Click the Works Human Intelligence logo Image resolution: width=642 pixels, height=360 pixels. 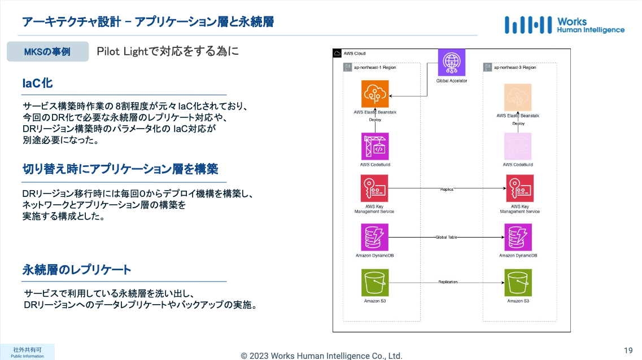564,25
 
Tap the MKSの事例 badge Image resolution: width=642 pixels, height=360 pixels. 47,52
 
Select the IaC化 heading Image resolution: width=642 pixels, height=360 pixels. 38,84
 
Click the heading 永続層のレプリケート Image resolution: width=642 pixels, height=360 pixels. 77,270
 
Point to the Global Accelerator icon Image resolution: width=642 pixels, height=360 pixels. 451,63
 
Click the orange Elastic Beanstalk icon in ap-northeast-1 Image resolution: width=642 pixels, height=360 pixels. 375,94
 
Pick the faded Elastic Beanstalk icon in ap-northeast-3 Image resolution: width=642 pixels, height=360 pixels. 518,97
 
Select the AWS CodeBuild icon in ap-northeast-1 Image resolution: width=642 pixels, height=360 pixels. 375,146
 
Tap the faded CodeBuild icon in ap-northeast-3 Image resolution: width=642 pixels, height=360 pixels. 518,146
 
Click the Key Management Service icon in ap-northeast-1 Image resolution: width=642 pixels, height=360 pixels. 374,188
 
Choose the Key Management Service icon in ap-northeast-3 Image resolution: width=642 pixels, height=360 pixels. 519,188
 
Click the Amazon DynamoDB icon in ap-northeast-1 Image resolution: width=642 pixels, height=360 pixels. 375,237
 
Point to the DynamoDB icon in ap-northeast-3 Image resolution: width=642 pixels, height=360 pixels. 518,237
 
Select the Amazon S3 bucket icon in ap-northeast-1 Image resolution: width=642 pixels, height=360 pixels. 375,282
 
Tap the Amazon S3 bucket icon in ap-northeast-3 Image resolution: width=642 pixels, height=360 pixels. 518,282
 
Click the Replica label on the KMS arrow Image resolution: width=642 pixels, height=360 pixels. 447,190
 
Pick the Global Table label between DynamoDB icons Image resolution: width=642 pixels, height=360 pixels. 446,238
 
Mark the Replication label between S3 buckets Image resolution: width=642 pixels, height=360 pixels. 448,282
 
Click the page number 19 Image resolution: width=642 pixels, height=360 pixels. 628,350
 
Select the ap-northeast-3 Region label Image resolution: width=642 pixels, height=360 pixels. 514,68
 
